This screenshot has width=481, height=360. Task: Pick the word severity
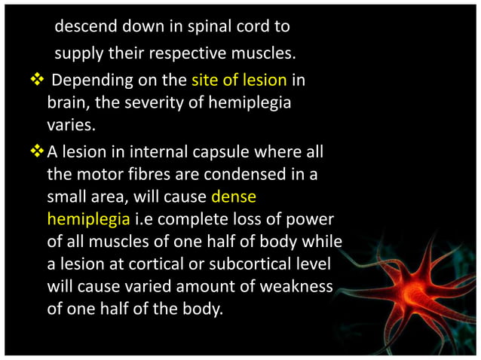point(156,102)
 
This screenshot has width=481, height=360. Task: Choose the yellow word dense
point(234,197)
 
